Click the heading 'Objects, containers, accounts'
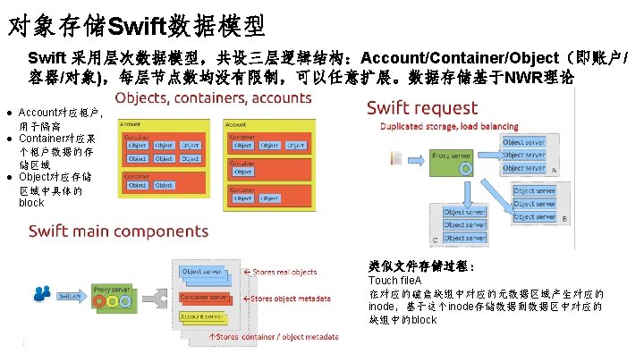point(212,97)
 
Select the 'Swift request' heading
point(422,107)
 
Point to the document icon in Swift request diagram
point(396,157)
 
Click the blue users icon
point(41,292)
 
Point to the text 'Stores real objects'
point(285,272)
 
